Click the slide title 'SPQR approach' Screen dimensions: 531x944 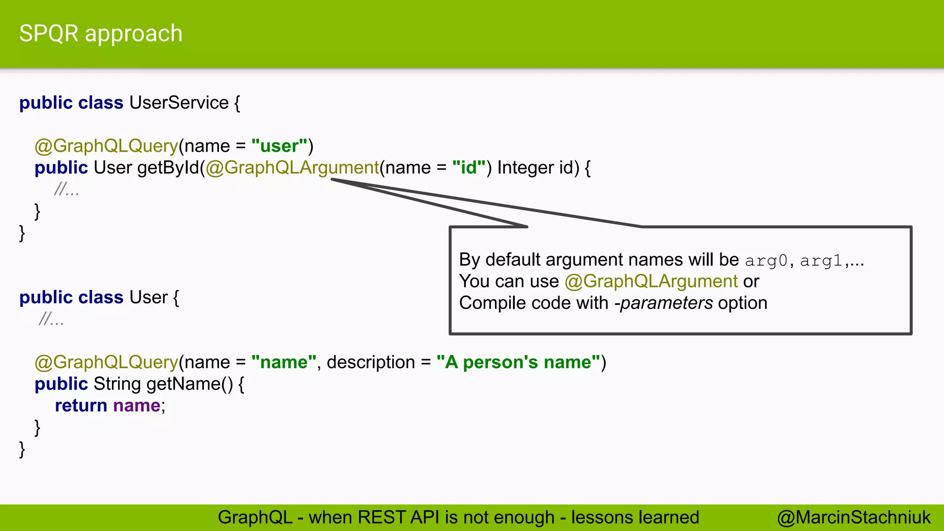pos(100,34)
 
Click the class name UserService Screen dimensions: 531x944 pos(179,103)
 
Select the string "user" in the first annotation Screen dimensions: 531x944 pos(279,146)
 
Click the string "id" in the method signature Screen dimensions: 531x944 pos(469,168)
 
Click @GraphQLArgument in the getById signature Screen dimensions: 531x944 pos(292,168)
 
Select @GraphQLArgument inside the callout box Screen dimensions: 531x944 pos(651,281)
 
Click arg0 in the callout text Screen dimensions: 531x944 pos(766,261)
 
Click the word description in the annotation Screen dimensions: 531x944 pos(371,362)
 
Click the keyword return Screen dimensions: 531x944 pos(81,406)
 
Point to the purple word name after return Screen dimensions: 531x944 pos(136,406)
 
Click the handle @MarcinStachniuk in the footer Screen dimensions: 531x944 pos(854,518)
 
